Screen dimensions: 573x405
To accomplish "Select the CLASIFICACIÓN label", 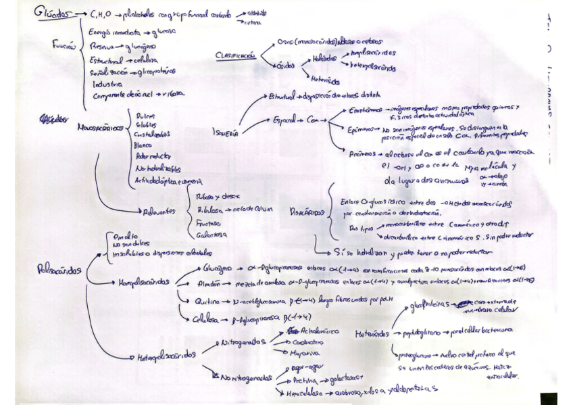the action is (235, 55).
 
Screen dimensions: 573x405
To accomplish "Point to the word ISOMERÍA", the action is (226, 133).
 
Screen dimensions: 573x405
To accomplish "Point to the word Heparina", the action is (305, 353).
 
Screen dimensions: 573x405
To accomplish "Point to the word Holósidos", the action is (325, 59).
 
